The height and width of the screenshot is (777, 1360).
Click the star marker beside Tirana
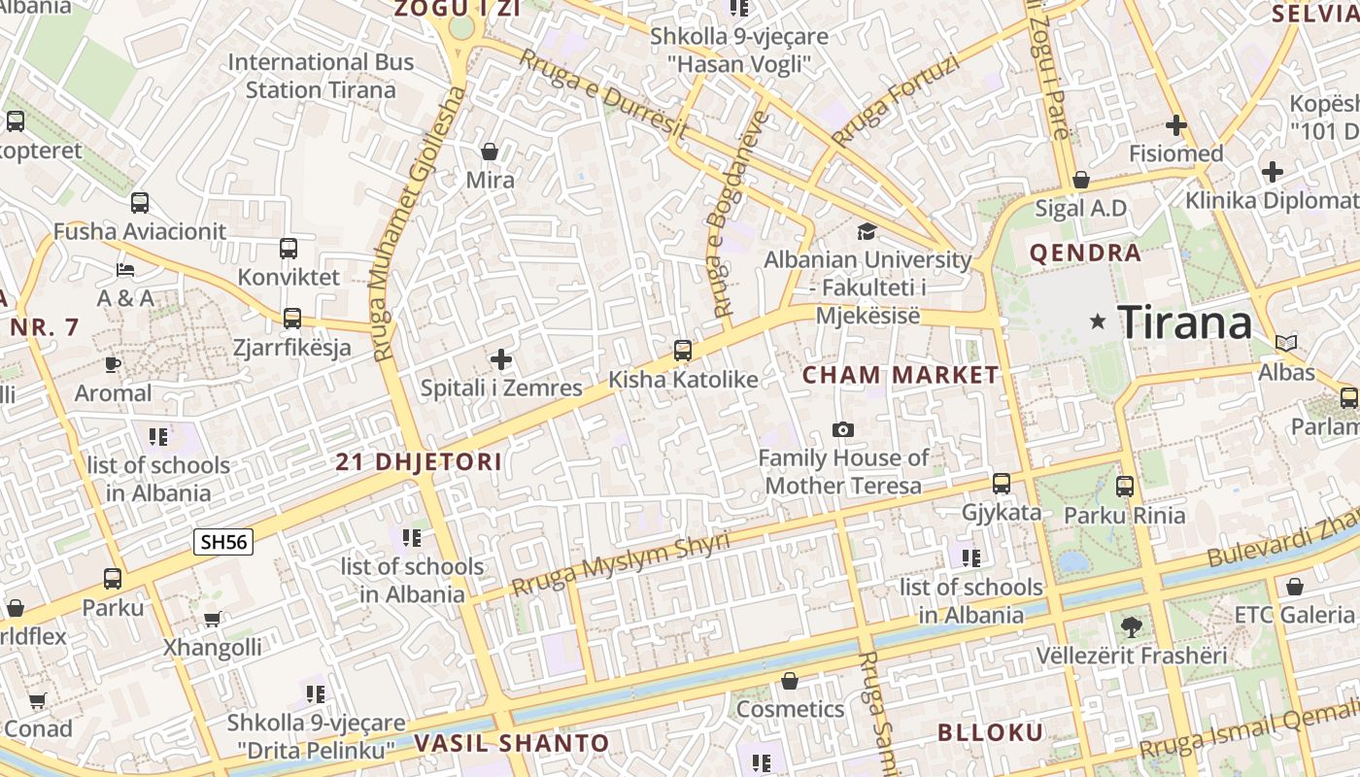point(1098,321)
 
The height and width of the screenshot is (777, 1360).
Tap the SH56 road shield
point(223,541)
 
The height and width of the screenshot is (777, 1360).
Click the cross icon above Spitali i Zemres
point(501,360)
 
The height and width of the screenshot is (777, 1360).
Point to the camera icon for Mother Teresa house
point(843,429)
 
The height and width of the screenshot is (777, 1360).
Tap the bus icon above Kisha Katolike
point(683,351)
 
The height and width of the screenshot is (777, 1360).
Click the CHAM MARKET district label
point(901,375)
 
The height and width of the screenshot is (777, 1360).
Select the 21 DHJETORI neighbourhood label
point(419,462)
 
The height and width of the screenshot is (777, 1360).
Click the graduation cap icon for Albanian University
point(867,231)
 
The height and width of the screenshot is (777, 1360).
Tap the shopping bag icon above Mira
point(491,152)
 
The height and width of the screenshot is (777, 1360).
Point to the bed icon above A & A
point(125,269)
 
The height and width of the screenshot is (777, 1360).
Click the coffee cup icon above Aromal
point(113,365)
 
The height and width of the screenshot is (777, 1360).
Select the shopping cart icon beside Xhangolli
point(212,619)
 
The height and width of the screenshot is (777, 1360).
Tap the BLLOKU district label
point(990,733)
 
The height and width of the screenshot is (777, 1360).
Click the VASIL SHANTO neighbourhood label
point(512,744)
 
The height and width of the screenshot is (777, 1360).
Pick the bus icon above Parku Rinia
point(1125,487)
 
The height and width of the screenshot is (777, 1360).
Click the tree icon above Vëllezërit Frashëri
point(1131,626)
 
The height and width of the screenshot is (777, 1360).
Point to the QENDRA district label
point(1084,253)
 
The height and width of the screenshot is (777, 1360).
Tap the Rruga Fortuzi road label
point(896,100)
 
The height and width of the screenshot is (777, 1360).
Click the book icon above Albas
point(1286,343)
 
